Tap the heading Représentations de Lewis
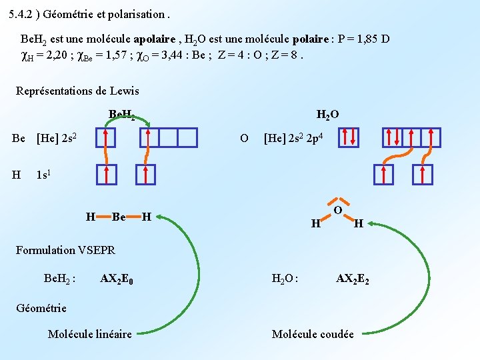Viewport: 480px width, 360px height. point(77,91)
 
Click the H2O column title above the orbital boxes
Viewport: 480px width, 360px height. point(327,115)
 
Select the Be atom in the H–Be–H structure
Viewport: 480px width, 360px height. point(119,217)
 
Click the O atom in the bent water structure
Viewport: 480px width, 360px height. point(338,211)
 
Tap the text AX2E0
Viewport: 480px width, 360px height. point(116,277)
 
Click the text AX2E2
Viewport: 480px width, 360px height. point(352,278)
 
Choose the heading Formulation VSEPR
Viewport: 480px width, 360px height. point(65,250)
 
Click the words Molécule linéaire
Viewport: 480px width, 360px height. point(89,333)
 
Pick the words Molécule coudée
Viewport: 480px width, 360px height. point(313,333)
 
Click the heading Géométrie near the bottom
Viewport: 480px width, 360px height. point(41,307)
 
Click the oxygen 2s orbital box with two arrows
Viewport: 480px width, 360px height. point(349,138)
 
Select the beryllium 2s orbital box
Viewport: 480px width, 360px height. point(105,137)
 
